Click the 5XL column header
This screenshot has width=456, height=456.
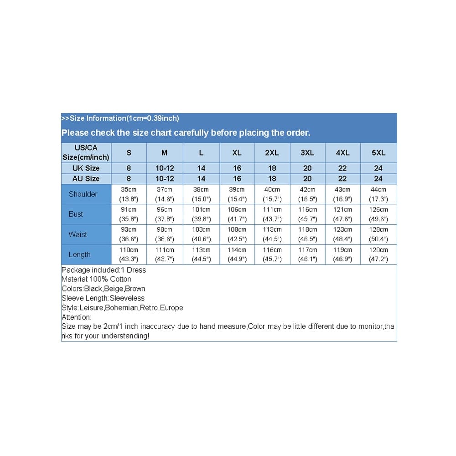[x=378, y=153]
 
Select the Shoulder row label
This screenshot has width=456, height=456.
[x=83, y=194]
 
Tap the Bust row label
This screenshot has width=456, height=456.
[x=76, y=214]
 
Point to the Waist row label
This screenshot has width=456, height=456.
[x=78, y=234]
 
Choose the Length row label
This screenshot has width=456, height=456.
[x=79, y=254]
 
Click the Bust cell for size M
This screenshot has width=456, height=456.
[x=165, y=214]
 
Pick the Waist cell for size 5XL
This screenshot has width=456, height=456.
[x=378, y=234]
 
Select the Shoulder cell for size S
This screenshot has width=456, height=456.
[x=129, y=194]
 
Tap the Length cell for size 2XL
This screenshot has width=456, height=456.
[x=272, y=254]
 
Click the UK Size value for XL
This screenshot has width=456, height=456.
[x=237, y=168]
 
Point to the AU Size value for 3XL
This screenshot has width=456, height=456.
[x=307, y=179]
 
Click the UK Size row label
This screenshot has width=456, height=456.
[x=86, y=168]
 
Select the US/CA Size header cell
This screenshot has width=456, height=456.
[x=86, y=153]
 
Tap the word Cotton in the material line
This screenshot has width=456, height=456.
[x=121, y=279]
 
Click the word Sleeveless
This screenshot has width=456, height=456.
[x=127, y=298]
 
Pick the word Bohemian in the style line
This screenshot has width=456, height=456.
[x=122, y=308]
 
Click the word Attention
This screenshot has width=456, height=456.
[x=76, y=317]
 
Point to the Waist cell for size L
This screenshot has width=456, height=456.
[x=201, y=234]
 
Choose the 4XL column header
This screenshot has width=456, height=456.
[x=342, y=153]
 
